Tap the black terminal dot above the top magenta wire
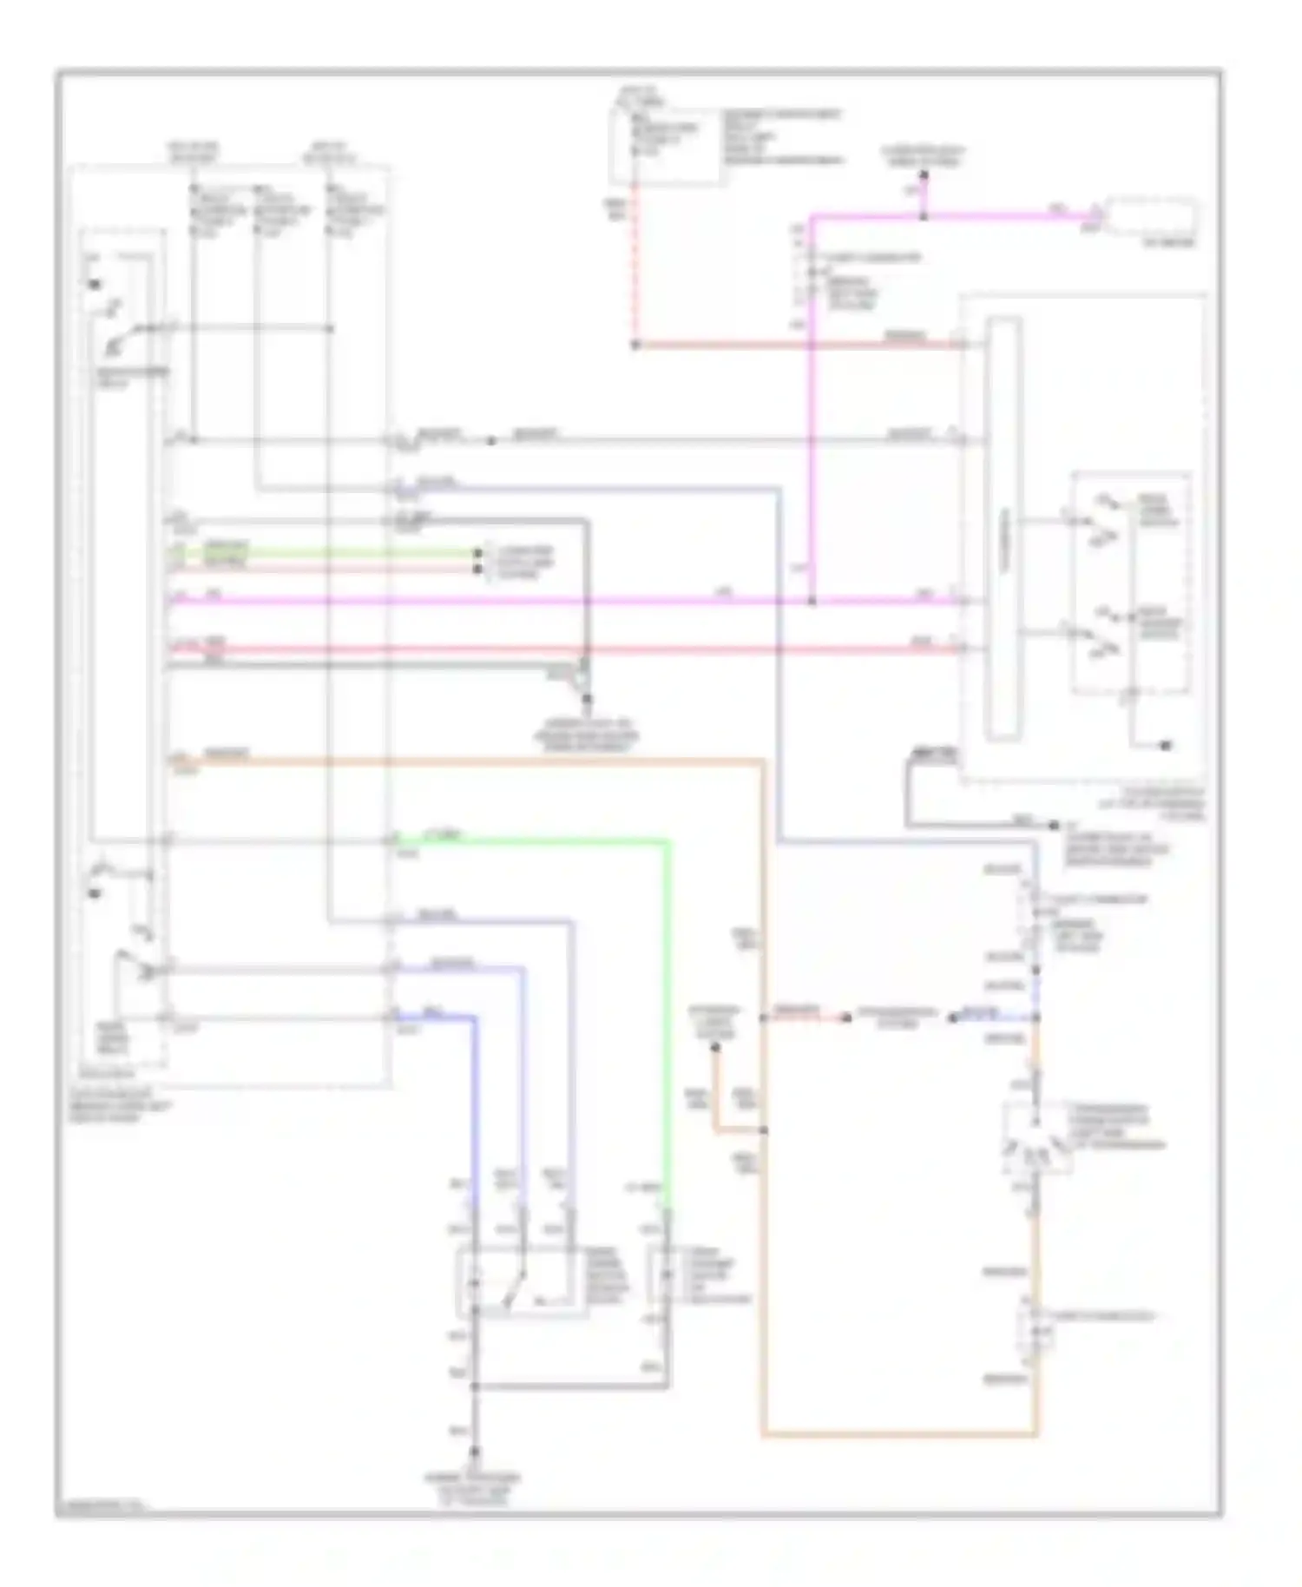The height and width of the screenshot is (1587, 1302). tap(924, 175)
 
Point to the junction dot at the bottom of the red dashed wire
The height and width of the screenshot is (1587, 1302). tap(635, 346)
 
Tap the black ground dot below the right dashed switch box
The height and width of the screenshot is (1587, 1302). tap(1167, 745)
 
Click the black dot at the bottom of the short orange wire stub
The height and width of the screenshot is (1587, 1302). tap(715, 1048)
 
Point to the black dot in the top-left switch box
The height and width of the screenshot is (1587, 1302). tap(94, 285)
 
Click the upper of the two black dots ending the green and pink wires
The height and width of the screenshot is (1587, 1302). tap(477, 552)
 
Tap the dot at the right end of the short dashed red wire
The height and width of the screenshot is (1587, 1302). tap(845, 1017)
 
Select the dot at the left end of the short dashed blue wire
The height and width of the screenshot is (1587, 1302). tap(952, 1017)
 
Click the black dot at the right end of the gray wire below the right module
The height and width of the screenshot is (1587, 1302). tap(1054, 825)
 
